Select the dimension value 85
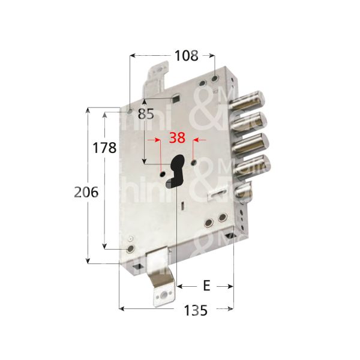coord(146,113)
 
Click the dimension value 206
coord(86,193)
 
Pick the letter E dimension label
coord(206,286)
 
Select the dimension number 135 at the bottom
coord(195,311)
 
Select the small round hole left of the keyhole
coord(163,173)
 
